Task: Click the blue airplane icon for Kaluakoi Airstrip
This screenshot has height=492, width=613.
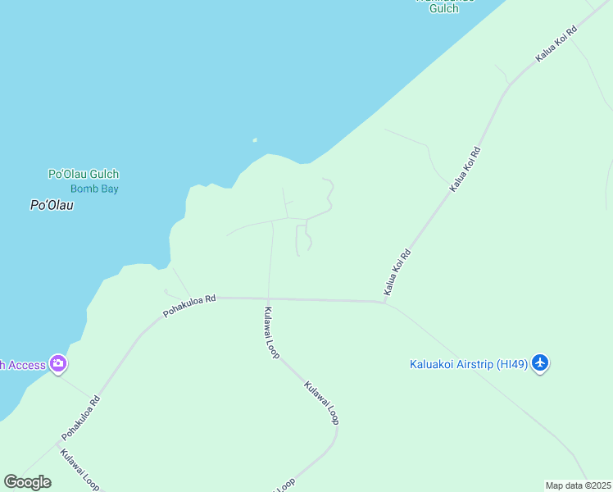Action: pos(539,362)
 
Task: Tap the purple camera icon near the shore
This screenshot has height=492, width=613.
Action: pos(57,363)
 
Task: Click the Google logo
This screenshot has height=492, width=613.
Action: pos(27,481)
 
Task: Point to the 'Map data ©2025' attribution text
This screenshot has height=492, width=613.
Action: pos(578,485)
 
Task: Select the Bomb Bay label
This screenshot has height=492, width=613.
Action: pos(94,189)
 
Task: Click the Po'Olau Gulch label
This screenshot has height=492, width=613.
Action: pos(84,174)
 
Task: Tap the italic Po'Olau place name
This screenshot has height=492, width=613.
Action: pos(52,206)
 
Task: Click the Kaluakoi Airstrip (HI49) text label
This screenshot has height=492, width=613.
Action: pos(469,364)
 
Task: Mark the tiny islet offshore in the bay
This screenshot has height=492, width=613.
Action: pos(255,140)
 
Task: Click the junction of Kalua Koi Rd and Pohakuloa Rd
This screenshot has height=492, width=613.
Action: pos(384,303)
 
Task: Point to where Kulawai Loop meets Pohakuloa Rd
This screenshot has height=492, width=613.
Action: pos(268,298)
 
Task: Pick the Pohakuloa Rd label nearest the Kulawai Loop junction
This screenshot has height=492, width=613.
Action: pos(188,306)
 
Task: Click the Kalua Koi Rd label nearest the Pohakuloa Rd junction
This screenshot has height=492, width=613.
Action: pos(397,272)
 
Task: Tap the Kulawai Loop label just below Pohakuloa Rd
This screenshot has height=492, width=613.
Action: pos(271,332)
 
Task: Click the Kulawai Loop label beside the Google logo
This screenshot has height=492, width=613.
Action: pos(79,468)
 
